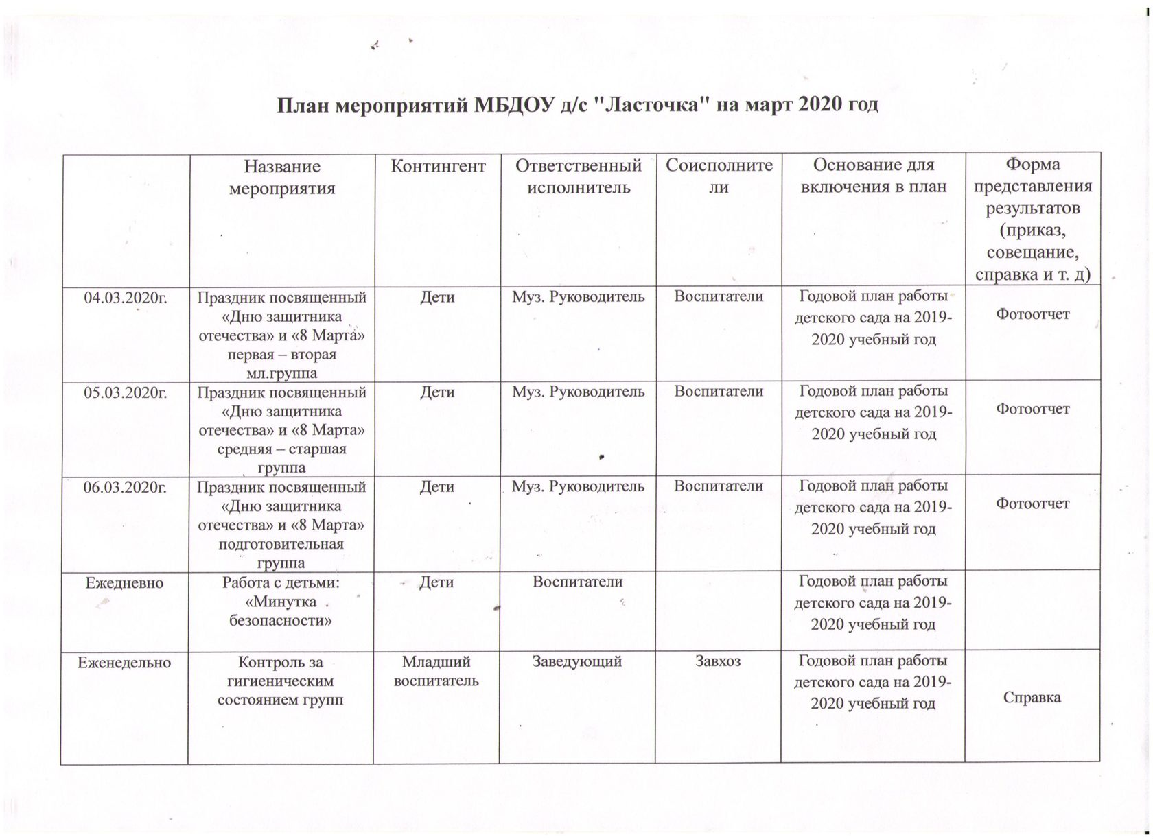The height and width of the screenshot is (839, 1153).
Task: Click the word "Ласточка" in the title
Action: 651,106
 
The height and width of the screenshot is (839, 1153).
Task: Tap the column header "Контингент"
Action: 438,166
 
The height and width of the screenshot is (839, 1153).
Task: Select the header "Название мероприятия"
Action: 281,178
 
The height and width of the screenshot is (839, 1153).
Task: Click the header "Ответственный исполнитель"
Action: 578,176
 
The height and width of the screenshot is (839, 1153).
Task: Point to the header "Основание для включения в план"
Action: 873,176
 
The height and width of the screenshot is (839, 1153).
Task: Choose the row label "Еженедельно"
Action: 124,663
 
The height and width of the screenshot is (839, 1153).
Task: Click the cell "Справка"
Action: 1032,698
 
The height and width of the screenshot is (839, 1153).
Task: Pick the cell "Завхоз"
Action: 718,662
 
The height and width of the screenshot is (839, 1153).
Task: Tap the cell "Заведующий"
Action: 577,662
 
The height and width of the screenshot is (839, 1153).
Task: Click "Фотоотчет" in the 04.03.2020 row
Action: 1032,315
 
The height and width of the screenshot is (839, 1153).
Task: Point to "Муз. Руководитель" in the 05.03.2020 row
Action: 578,392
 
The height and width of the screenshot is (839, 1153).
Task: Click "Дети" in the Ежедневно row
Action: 436,582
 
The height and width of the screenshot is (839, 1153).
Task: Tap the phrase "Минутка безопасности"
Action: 281,612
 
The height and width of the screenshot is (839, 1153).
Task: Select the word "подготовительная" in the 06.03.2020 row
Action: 281,544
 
